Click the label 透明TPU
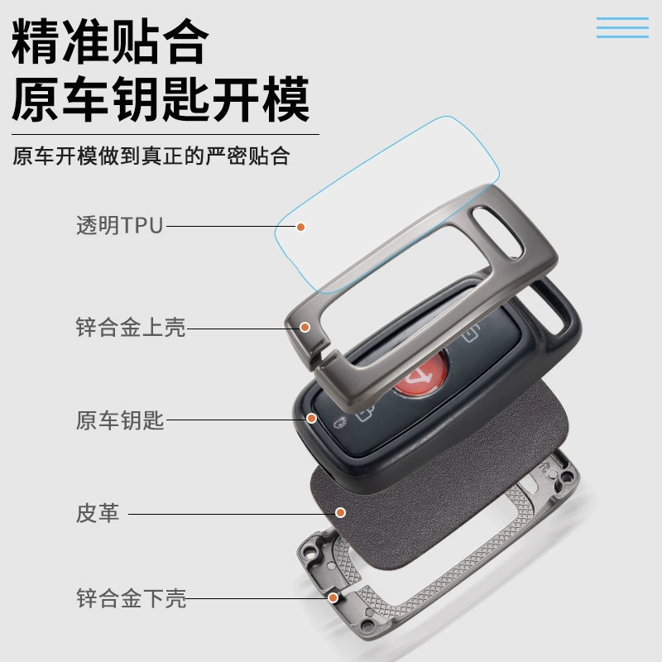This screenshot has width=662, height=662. click(x=119, y=225)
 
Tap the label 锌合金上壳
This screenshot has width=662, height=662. click(x=131, y=327)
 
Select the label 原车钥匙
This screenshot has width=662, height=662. click(x=120, y=420)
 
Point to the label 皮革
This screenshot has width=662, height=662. click(x=98, y=513)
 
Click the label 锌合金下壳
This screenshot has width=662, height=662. click(x=132, y=598)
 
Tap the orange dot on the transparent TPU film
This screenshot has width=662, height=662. click(x=300, y=227)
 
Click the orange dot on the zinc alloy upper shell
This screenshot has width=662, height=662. click(x=305, y=327)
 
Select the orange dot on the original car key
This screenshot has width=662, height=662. click(x=312, y=419)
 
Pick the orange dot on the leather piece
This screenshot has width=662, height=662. click(x=340, y=512)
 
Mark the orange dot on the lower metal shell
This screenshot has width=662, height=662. click(x=333, y=597)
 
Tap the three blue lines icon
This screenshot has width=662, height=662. click(x=622, y=28)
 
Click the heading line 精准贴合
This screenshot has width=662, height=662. click(x=110, y=41)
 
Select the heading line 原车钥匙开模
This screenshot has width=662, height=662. click(x=161, y=99)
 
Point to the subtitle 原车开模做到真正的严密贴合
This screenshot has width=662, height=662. click(x=151, y=156)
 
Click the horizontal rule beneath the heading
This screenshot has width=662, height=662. click(x=165, y=135)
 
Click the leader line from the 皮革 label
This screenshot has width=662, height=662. click(x=232, y=514)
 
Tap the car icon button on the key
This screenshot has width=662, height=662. click(x=340, y=423)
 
